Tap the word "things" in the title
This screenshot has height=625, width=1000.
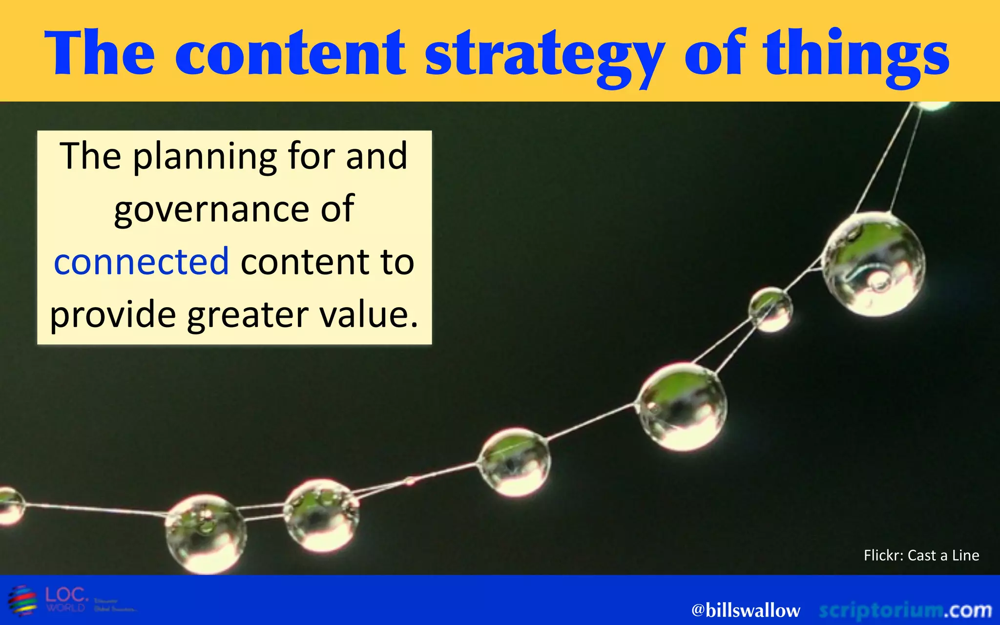857,54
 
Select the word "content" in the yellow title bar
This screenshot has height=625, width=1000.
290,54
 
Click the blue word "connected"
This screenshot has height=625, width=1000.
142,262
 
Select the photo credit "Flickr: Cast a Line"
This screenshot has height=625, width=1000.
921,555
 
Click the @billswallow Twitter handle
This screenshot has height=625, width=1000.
746,610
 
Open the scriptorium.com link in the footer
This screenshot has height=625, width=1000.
905,610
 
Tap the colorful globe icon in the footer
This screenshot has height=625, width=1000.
22,600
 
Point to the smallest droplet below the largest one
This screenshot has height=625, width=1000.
771,310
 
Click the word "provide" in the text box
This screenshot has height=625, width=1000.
113,314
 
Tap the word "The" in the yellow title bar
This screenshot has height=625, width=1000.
100,54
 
